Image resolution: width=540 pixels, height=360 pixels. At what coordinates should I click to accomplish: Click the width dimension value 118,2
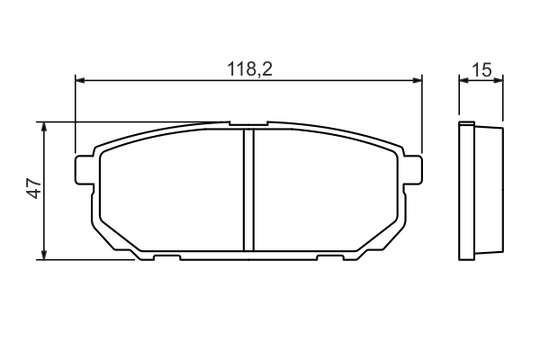[x=248, y=69]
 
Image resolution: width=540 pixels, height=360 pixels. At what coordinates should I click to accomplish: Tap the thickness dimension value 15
[x=481, y=69]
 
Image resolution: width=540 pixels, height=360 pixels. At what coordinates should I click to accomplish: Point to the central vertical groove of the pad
[x=248, y=189]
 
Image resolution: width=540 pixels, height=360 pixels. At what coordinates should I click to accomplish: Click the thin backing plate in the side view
[x=465, y=191]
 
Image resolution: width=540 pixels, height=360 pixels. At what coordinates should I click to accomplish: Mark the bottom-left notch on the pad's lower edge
[x=166, y=258]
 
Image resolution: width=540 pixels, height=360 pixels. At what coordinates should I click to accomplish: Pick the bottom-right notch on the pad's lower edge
[x=330, y=258]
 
